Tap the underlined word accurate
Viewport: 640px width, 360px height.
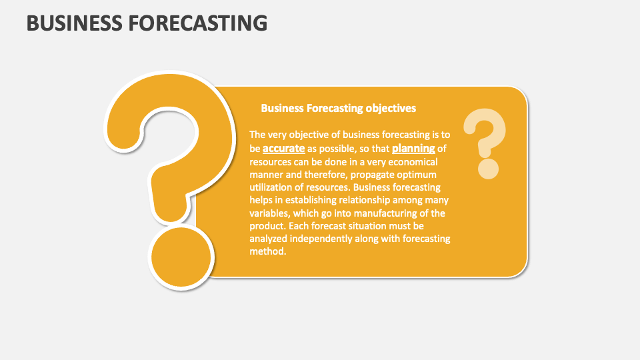pyautogui.click(x=283, y=148)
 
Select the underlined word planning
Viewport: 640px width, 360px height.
pyautogui.click(x=413, y=148)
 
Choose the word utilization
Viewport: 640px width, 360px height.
pyautogui.click(x=273, y=187)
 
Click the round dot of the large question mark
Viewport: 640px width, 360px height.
pyautogui.click(x=181, y=255)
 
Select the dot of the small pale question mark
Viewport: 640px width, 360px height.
pyautogui.click(x=488, y=168)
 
